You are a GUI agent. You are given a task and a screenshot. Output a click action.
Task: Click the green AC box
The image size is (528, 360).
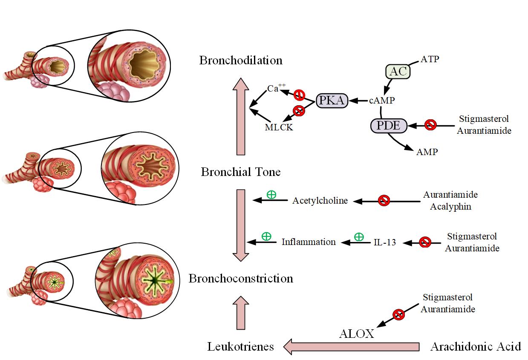coord(398,71)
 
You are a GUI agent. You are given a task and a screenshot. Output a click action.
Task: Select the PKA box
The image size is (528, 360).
coord(332,101)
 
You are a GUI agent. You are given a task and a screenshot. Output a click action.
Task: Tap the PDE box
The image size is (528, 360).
coord(389,126)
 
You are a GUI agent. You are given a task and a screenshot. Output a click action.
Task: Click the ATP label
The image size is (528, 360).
coord(430,59)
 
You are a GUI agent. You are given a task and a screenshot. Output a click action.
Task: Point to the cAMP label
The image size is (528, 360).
coord(382,101)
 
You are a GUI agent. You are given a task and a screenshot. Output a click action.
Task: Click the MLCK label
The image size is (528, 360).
coord(279,127)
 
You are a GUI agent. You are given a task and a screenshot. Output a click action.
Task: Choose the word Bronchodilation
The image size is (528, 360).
coord(241,60)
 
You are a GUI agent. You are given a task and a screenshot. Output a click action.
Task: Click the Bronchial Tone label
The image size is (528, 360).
coord(241,172)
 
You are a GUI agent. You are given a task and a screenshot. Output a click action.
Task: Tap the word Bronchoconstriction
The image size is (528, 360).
coord(241,279)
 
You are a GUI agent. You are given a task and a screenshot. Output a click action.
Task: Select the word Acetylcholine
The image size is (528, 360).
coord(320,201)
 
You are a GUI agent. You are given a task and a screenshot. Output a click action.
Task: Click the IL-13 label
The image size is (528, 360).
coord(385,242)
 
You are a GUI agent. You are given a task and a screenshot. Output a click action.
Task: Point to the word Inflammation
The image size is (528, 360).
coord(309,242)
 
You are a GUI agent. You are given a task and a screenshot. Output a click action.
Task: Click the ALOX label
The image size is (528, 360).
coord(356,334)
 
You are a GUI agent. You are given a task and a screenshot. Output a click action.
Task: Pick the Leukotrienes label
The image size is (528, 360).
coord(240,347)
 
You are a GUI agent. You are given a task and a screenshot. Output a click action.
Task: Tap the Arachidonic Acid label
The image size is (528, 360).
coord(476,346)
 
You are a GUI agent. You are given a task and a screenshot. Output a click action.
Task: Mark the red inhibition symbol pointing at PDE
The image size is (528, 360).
coord(430,125)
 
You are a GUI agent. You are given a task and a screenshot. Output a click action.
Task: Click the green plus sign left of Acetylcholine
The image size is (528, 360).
coord(271,195)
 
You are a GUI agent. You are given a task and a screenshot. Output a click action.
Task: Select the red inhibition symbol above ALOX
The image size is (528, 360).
coord(398,314)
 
